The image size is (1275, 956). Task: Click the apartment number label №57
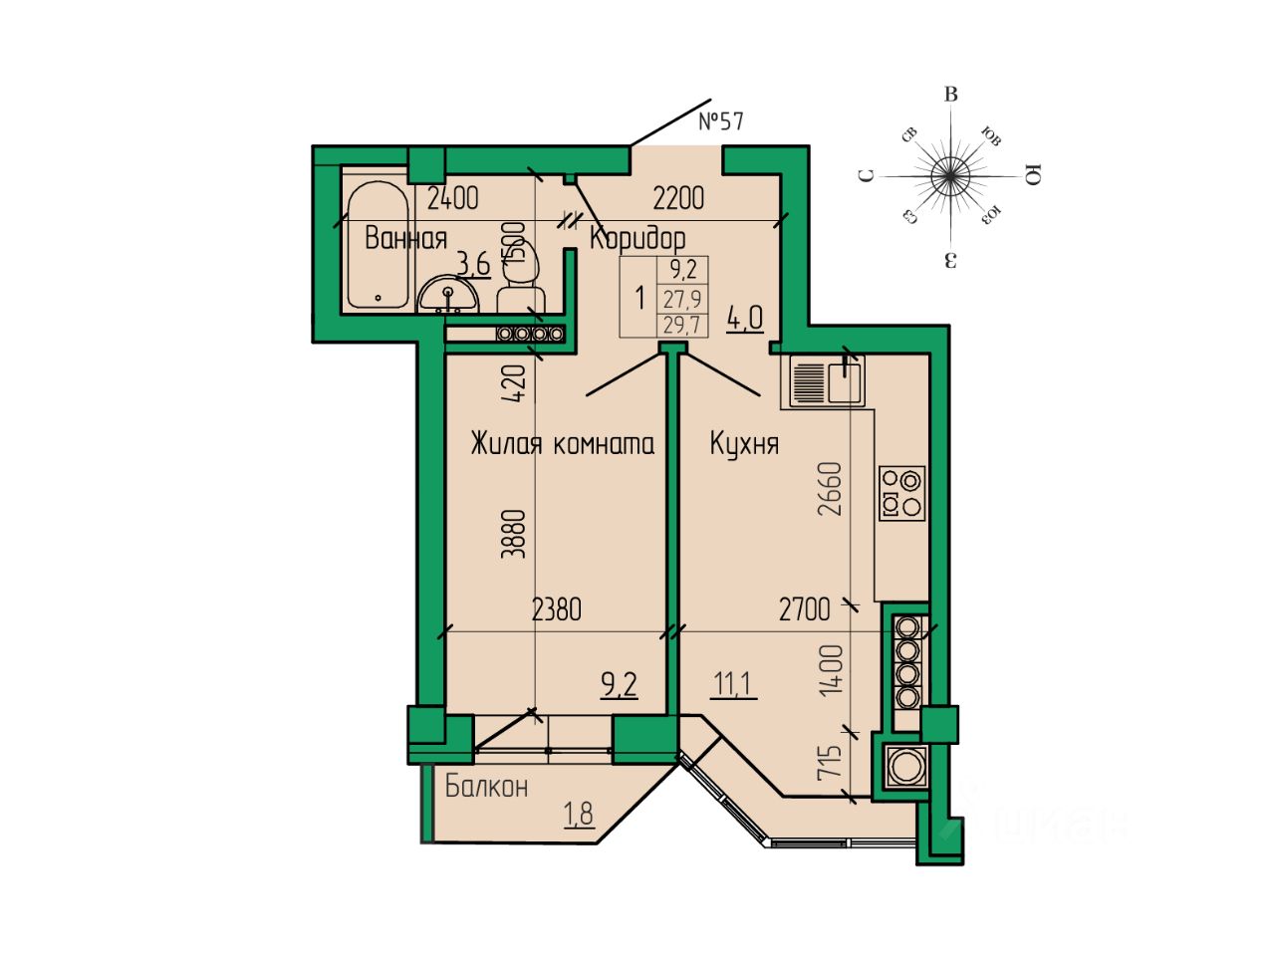click(x=721, y=121)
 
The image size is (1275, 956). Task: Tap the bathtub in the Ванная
click(x=378, y=245)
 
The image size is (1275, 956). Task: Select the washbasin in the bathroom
click(x=447, y=296)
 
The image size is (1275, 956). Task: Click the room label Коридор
click(x=637, y=239)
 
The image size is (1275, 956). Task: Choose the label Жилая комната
click(x=563, y=443)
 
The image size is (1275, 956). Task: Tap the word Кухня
click(x=744, y=443)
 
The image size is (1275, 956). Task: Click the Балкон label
click(x=486, y=787)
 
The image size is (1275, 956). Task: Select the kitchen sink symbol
click(x=828, y=379)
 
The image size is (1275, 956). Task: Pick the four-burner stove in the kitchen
click(x=902, y=492)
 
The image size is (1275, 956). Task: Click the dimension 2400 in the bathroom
click(x=452, y=198)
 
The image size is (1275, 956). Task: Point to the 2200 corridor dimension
click(x=678, y=198)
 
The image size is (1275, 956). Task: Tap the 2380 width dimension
click(x=556, y=608)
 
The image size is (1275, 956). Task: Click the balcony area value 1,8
click(x=579, y=814)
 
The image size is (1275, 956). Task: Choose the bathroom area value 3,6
click(x=473, y=264)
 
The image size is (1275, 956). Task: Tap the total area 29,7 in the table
click(x=681, y=325)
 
